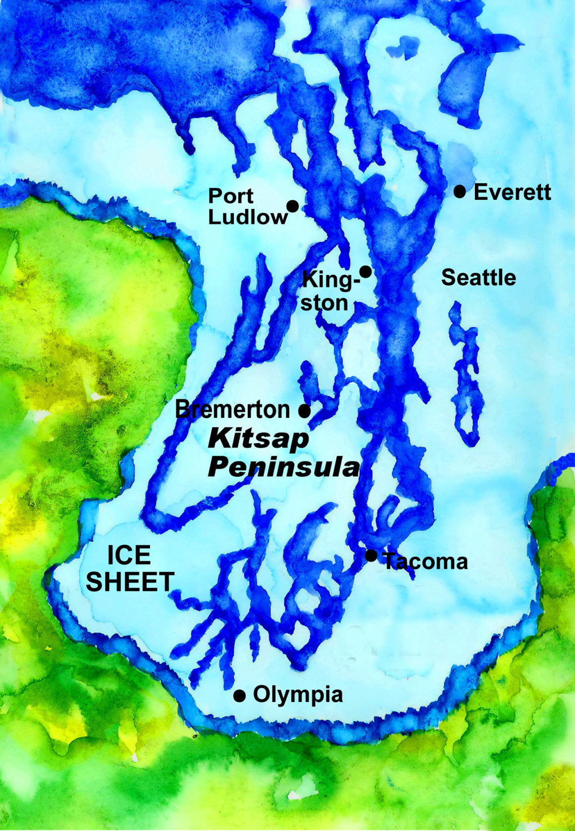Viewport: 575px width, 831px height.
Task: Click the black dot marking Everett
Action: click(460, 192)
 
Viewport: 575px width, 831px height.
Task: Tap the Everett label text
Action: click(512, 193)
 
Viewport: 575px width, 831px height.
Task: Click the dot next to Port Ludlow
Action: click(293, 207)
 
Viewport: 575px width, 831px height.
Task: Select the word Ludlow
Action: click(247, 218)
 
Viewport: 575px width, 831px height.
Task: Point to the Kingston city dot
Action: click(366, 272)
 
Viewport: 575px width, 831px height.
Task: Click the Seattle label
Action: click(478, 278)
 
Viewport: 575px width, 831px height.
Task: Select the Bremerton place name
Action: click(233, 410)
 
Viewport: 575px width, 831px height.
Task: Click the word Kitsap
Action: click(259, 439)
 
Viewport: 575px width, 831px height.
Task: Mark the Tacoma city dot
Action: click(371, 555)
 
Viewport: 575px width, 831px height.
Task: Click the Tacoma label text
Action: click(425, 562)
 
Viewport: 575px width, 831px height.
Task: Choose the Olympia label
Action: click(298, 694)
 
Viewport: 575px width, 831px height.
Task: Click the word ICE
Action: click(128, 555)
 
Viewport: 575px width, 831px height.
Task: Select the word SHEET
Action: click(129, 582)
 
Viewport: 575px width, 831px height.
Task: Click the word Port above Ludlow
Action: click(231, 196)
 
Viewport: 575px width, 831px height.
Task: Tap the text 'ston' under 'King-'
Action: click(324, 303)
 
